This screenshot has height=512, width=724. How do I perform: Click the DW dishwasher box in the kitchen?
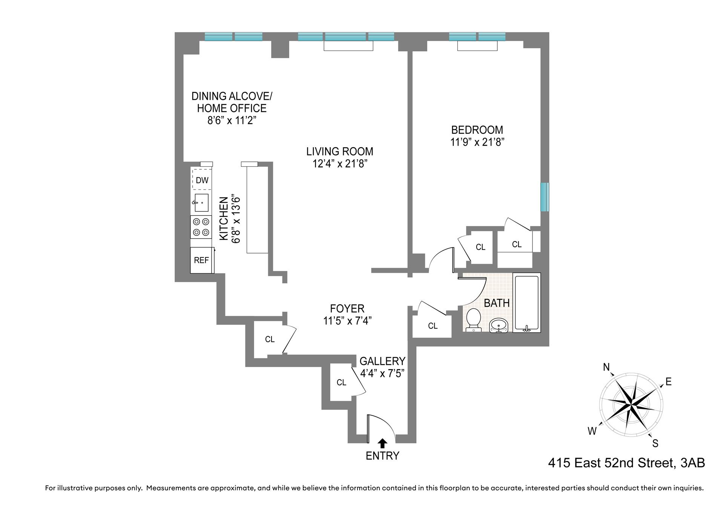tap(202, 180)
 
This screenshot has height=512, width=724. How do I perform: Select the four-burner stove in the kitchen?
tap(201, 227)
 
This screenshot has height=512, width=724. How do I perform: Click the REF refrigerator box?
tap(201, 260)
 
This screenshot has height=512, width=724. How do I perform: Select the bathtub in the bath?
tap(527, 303)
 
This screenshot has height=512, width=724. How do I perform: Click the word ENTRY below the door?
tap(382, 456)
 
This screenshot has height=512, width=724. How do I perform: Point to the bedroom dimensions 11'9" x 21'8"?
tap(477, 142)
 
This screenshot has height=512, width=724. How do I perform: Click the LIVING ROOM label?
tap(339, 151)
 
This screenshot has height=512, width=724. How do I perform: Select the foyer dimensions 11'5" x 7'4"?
tap(347, 321)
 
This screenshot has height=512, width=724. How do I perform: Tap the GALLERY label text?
tap(382, 361)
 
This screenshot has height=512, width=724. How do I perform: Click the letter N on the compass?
tap(606, 367)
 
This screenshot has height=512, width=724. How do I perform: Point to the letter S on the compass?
tap(655, 444)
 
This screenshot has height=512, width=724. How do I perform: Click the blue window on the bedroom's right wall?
tap(545, 197)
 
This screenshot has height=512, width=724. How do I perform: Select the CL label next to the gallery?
tap(341, 383)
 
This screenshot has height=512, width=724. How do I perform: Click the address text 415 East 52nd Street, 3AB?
tap(626, 463)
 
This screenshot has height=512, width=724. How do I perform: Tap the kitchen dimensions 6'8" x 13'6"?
tap(236, 220)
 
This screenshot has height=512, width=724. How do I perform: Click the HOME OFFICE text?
tap(232, 108)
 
